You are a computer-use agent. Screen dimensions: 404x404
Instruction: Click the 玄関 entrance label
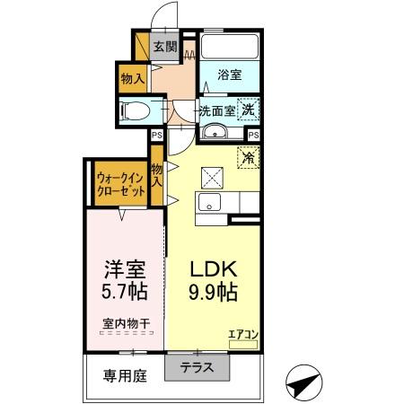164,48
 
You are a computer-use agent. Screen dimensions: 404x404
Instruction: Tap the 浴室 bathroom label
229,75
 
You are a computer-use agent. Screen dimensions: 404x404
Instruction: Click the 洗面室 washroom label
216,111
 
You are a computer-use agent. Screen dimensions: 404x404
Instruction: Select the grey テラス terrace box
198,366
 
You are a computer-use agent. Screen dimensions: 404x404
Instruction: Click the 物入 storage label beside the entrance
133,79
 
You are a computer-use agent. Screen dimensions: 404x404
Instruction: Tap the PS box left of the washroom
156,135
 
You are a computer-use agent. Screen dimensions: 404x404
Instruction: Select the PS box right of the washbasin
253,135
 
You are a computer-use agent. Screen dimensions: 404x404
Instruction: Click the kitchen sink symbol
212,204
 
